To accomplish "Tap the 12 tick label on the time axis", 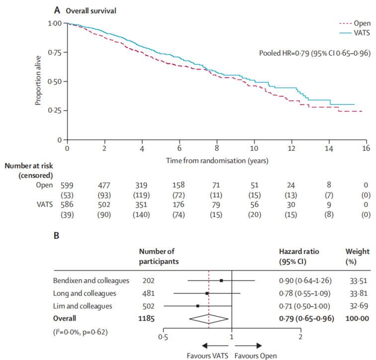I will point(291,149).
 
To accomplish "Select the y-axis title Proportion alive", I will point(38,81).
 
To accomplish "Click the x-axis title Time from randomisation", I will point(216,161).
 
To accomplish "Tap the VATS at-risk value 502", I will point(104,210).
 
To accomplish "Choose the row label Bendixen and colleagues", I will point(90,281).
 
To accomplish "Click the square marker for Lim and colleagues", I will point(198,306).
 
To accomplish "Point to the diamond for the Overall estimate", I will point(208,318).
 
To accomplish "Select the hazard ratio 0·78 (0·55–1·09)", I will point(305,293).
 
